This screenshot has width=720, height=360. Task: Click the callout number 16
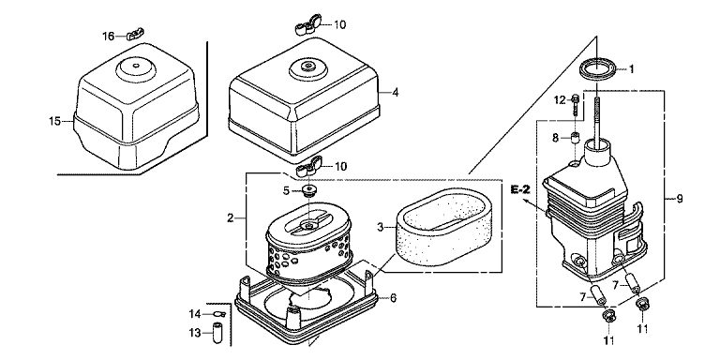click(x=108, y=37)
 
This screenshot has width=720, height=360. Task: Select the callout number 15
click(x=55, y=121)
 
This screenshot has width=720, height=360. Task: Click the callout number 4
click(x=395, y=92)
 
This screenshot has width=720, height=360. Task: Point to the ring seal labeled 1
click(x=596, y=68)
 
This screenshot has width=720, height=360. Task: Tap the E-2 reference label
click(x=521, y=188)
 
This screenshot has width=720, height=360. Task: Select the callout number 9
click(x=680, y=199)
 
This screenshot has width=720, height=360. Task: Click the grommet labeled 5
click(x=310, y=190)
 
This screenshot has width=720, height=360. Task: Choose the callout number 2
click(x=231, y=217)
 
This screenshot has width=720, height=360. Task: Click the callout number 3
click(x=381, y=227)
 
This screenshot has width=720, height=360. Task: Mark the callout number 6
click(x=394, y=298)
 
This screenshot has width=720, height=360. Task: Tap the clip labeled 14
click(x=218, y=314)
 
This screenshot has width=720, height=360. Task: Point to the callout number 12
click(x=560, y=99)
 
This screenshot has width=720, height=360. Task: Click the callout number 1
click(x=631, y=69)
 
